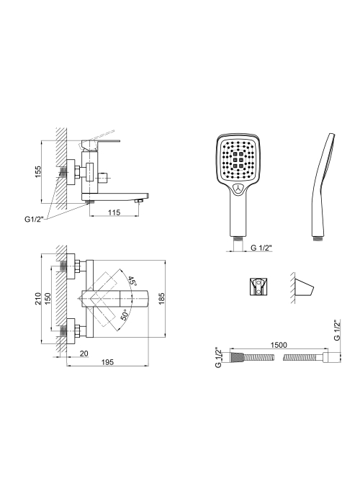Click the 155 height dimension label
point(38,172)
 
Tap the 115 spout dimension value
point(114,212)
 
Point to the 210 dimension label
point(38,299)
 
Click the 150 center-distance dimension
point(48,299)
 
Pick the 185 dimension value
point(162,299)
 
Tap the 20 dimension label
point(84,354)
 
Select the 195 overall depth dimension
point(108,362)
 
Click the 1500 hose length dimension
point(279,345)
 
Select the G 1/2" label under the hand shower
point(261,248)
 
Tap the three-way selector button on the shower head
point(239,189)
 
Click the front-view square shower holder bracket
point(258,286)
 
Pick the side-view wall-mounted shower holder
point(305,287)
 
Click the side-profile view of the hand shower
point(323,187)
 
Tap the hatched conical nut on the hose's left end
point(237,357)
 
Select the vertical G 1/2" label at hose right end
point(336,330)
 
